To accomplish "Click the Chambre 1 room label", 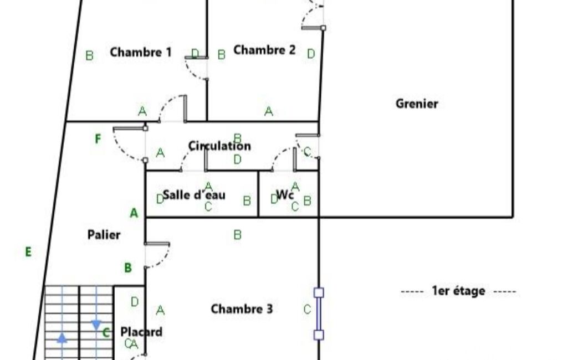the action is point(141,52).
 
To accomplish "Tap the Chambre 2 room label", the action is point(264,50).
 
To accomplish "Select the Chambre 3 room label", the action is point(242,309).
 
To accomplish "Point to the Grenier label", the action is point(417,104).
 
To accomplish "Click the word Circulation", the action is point(219,146).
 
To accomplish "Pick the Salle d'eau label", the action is point(194,195).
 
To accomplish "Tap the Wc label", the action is point(285,195).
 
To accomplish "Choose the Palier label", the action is point(104,235).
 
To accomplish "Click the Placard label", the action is point(141,332).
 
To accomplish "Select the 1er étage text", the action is point(458,291).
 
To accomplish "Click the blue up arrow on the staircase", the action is point(62,338).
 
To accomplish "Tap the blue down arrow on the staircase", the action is point(96,325).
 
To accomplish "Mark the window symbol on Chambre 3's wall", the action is point(319,313).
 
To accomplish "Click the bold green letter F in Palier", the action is point(98,138).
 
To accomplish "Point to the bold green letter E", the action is point(28,251).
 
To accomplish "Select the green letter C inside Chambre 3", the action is point(307,309).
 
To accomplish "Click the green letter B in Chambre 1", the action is point(89,56).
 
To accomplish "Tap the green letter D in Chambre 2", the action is point(311,54).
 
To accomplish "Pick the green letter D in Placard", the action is point(135,302).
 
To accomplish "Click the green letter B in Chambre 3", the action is point(237,235).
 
